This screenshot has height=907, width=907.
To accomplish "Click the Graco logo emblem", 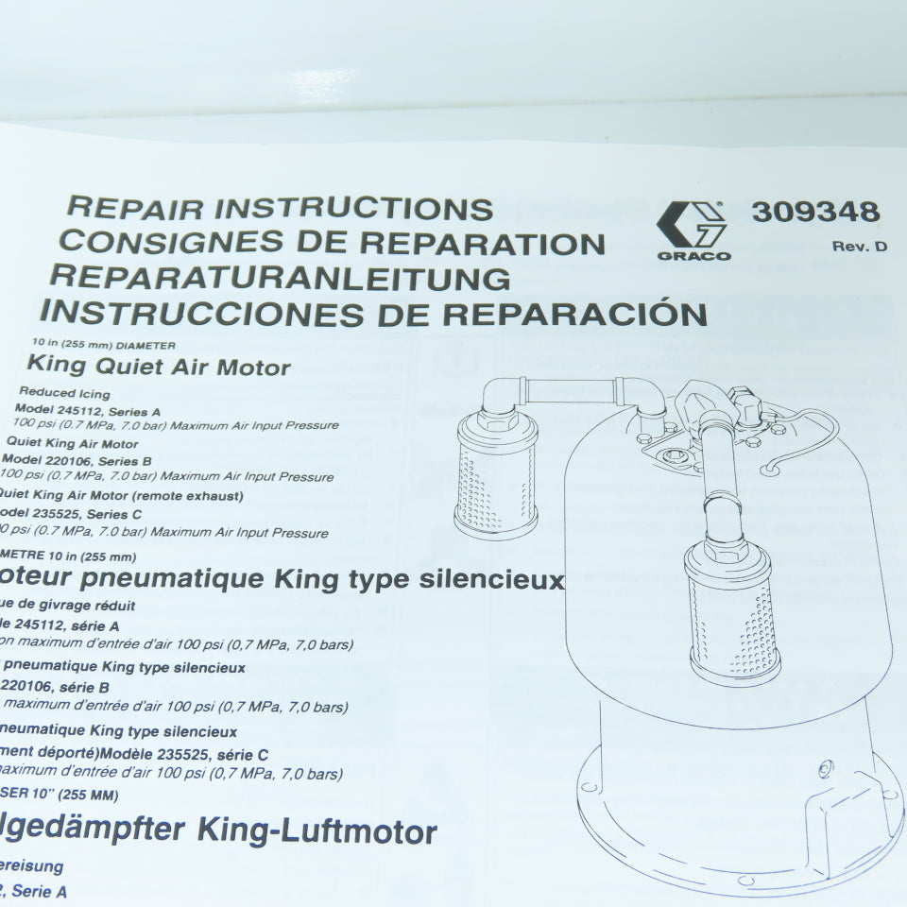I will click(692, 224).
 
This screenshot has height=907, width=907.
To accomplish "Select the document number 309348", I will click(815, 212).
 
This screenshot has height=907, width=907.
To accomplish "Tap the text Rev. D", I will click(860, 248).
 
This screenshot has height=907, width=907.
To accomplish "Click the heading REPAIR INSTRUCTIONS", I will click(282, 208).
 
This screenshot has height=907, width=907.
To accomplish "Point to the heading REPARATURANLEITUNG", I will click(280, 277).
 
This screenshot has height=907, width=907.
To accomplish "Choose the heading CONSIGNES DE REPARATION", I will click(332, 242).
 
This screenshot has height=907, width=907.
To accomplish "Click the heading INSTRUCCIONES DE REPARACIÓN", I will click(373, 312).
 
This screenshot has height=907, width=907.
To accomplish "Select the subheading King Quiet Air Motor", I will click(159, 366).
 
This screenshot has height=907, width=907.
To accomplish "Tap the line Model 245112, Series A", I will click(88, 411).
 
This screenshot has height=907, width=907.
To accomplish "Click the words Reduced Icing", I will click(64, 393).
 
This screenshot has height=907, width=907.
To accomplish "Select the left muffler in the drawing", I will click(496, 477).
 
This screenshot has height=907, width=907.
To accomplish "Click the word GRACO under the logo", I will click(693, 256).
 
